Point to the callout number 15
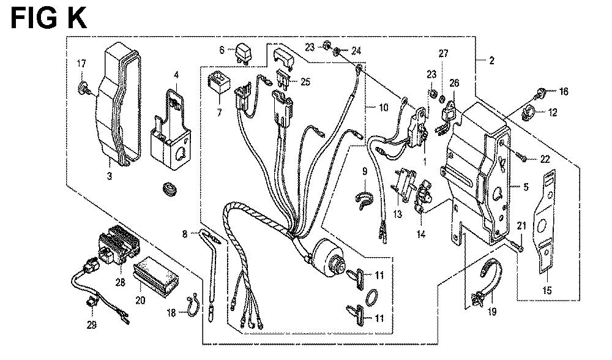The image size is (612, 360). point(547,291)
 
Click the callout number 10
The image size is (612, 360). point(383,108)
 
